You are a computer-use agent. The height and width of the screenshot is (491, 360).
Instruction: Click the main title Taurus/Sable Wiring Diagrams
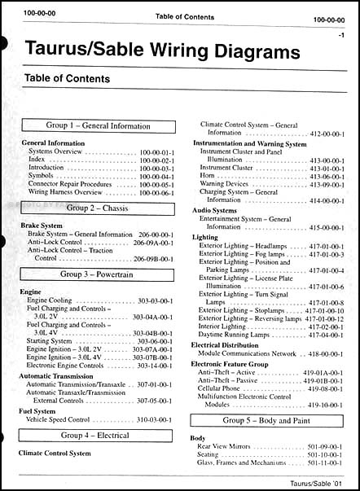click(x=155, y=53)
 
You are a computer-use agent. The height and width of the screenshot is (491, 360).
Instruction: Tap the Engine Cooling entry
click(x=55, y=300)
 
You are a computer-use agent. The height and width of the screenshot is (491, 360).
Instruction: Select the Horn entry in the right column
click(x=208, y=176)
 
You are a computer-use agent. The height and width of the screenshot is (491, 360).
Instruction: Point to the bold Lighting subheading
click(x=204, y=237)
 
